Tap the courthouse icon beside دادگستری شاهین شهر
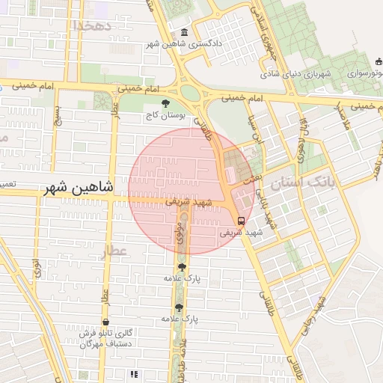click(185, 32)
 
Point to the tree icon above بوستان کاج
click(165, 104)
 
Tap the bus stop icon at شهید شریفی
click(241, 221)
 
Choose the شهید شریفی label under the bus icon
click(241, 233)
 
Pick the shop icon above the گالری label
click(105, 322)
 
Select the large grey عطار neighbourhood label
click(116, 251)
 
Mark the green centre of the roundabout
click(191, 94)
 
